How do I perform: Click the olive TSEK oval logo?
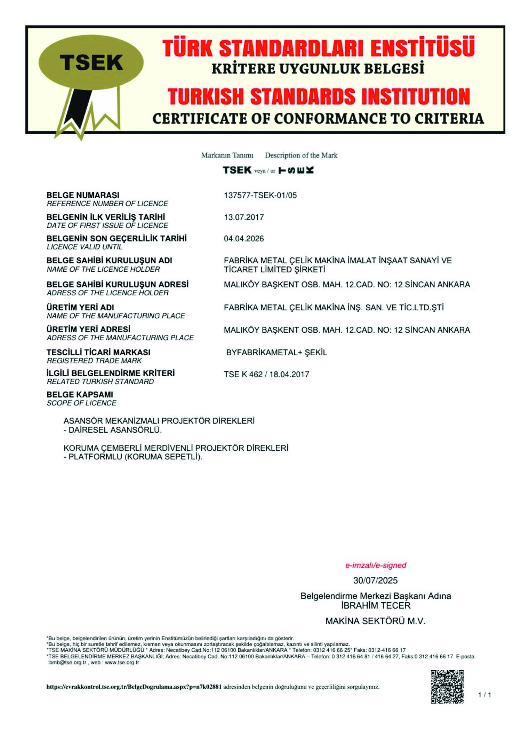click(x=91, y=62)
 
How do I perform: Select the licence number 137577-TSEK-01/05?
click(x=260, y=196)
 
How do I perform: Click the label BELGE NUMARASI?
click(x=83, y=195)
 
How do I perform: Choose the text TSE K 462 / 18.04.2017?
click(x=266, y=374)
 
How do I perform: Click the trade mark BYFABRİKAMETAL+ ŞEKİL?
click(x=276, y=353)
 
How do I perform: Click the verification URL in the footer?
click(x=134, y=687)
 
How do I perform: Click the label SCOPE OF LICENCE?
click(x=81, y=403)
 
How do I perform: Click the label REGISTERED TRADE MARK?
click(x=94, y=361)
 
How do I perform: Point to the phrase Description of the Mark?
click(x=301, y=155)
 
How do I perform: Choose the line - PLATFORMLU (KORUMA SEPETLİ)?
click(x=133, y=457)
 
